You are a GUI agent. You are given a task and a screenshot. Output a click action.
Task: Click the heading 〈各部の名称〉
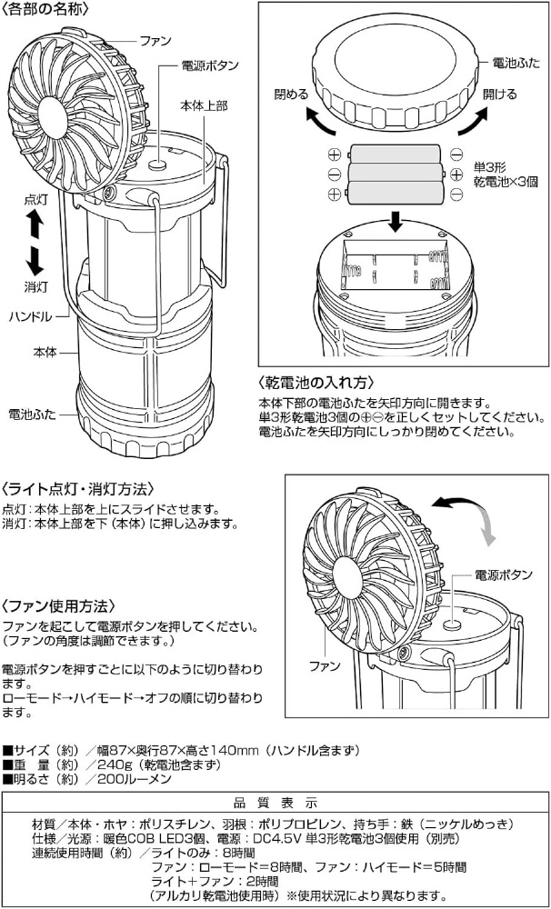tap(45, 9)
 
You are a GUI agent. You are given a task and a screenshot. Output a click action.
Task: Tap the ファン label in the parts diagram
tap(155, 41)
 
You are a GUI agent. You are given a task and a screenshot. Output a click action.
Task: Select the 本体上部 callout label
tap(204, 106)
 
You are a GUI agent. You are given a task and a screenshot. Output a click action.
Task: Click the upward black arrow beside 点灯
tap(35, 225)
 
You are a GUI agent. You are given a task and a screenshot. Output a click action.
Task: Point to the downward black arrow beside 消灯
tap(35, 261)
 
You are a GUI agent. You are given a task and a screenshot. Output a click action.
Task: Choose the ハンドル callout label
tap(31, 316)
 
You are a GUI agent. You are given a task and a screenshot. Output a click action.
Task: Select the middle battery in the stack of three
tap(396, 173)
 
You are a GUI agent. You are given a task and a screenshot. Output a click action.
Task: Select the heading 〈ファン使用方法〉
tap(55, 606)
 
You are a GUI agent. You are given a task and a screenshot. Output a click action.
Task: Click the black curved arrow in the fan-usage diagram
tap(457, 502)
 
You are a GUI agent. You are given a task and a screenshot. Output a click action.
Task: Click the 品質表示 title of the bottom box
tap(275, 804)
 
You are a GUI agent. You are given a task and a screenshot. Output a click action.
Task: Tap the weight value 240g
tap(111, 764)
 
